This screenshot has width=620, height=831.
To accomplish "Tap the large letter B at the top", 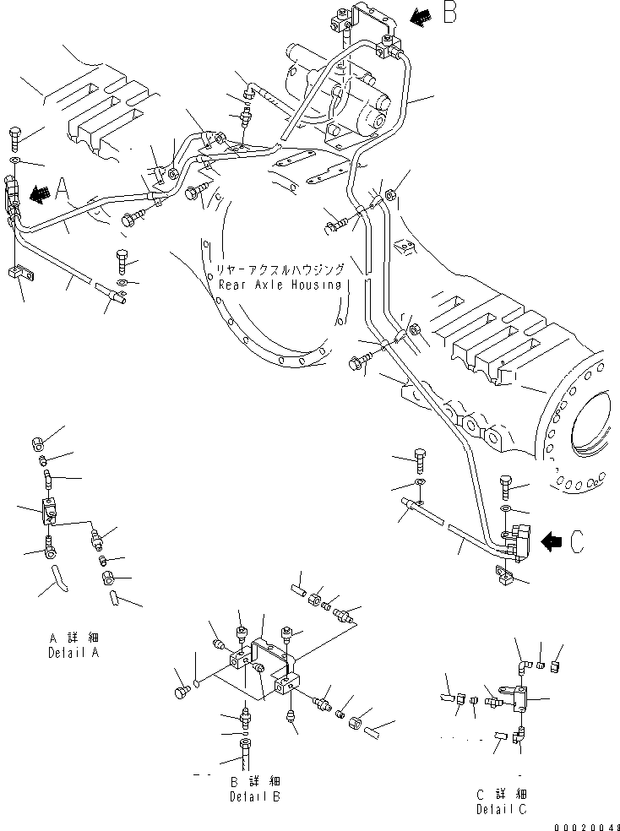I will coord(449,14).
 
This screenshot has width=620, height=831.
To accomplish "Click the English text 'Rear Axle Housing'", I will coord(280,285).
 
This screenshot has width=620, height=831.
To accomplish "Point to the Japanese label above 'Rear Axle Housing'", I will coord(280,269).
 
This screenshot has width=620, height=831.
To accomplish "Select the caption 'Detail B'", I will coord(255,796).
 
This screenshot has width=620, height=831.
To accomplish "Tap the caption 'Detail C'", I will coord(502,809).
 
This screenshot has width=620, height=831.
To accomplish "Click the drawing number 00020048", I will coord(588,825).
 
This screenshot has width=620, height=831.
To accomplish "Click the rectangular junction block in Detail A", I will coord(49,512).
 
